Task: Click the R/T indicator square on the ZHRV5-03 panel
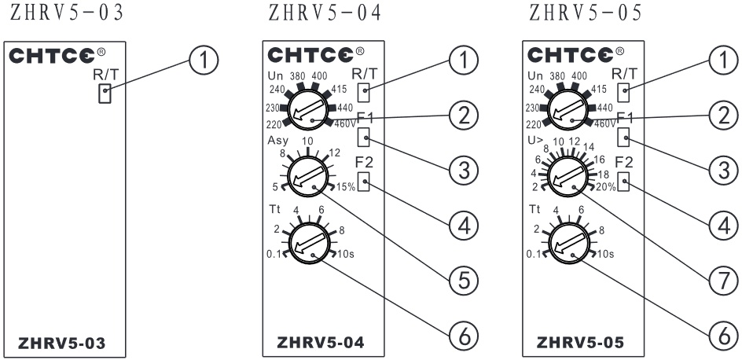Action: pyautogui.click(x=103, y=94)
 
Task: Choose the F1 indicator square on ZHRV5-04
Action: pyautogui.click(x=363, y=138)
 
